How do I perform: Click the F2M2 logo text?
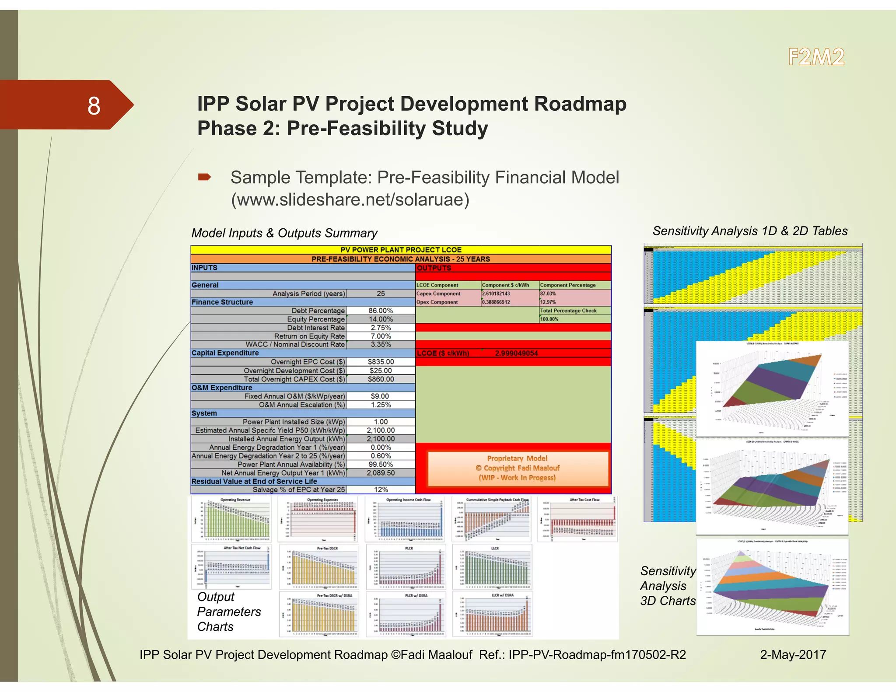point(816,57)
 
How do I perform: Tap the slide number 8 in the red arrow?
point(94,106)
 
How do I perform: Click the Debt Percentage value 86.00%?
point(381,311)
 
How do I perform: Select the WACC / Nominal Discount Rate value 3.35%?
point(381,345)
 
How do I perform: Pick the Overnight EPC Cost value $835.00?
point(381,362)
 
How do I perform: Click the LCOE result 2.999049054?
point(516,353)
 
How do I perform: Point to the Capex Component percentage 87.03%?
point(548,294)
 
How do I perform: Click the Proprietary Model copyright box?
point(518,468)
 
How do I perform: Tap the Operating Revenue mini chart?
point(232,519)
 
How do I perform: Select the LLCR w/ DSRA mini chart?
point(493,614)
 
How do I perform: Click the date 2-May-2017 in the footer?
point(793,654)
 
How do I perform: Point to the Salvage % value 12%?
point(381,490)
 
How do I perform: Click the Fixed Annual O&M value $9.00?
point(380,396)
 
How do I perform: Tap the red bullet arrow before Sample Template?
point(204,177)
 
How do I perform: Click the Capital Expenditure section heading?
point(225,353)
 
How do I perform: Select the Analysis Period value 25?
point(381,294)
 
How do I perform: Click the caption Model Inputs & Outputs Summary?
point(284,233)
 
